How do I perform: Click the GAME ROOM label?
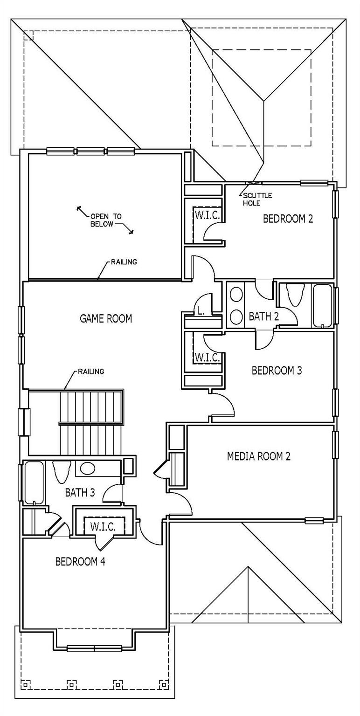[x=106, y=319]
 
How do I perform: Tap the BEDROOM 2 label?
[x=288, y=219]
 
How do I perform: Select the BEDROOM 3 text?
[x=277, y=371]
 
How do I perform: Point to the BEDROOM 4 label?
[x=80, y=562]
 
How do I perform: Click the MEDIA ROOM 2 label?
[x=258, y=456]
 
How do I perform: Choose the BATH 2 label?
[x=263, y=317]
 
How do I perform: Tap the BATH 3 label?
[x=80, y=492]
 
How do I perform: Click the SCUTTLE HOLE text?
[x=257, y=199]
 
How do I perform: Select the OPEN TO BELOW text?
[x=106, y=220]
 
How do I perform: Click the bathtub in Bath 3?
[x=34, y=482]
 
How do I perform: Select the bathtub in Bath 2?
[x=322, y=305]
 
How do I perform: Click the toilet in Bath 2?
[x=296, y=294]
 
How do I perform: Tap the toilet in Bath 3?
[x=62, y=471]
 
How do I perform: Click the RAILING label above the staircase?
[x=91, y=372]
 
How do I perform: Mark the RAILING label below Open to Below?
[x=124, y=262]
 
